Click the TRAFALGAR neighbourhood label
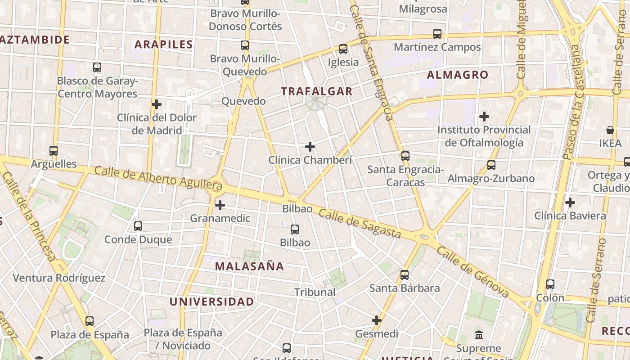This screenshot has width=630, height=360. tap(316, 91)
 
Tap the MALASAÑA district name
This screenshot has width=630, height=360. tap(249, 266)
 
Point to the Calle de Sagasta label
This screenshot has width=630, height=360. tap(360, 224)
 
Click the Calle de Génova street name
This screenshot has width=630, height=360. tap(472, 273)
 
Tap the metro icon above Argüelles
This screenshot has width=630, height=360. tap(54, 151)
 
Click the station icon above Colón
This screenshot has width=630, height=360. tap(550, 284)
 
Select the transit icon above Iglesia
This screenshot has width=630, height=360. tap(343, 49)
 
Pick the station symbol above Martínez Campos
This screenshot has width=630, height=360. tap(437, 34)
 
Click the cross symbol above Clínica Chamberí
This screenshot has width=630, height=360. tap(310, 147)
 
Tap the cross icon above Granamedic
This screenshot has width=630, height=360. tap(220, 205)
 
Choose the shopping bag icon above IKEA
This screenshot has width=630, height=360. tap(610, 130)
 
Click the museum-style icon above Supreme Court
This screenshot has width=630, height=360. tap(478, 335)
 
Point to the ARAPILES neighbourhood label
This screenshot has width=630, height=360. tap(163, 45)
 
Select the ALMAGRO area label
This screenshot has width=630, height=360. tap(457, 75)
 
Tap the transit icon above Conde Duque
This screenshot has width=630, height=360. tap(138, 226)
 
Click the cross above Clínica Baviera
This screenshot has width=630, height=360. tap(570, 202)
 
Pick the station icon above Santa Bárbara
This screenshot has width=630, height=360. tap(405, 275)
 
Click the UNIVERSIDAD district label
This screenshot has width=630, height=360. tap(211, 302)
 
